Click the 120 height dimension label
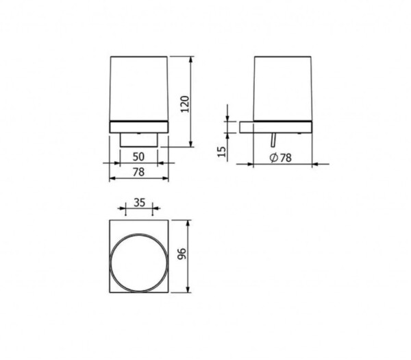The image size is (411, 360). tap(185, 104)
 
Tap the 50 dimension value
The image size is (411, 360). tap(138, 156)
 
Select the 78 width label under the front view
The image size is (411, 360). tap(138, 172)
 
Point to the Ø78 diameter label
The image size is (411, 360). tap(280, 158)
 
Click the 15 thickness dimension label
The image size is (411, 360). tap(222, 152)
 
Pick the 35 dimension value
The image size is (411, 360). tap(139, 202)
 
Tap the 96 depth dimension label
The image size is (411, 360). tap(182, 254)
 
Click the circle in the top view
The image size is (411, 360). tap(138, 234)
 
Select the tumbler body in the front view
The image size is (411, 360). tap(138, 88)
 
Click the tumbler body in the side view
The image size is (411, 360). tap(283, 88)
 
